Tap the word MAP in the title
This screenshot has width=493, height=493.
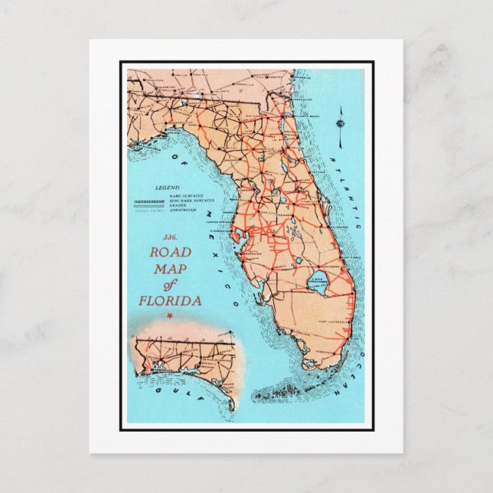pyautogui.click(x=169, y=269)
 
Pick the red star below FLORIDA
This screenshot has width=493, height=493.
pyautogui.click(x=170, y=315)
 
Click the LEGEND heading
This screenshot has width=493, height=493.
pyautogui.click(x=167, y=188)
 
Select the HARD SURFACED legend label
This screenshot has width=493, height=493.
pyautogui.click(x=184, y=195)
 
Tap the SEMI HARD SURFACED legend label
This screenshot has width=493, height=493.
pyautogui.click(x=188, y=201)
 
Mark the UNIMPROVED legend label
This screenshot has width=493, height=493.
pyautogui.click(x=182, y=210)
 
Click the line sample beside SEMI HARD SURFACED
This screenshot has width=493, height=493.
pyautogui.click(x=150, y=201)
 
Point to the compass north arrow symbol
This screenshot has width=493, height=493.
pyautogui.click(x=339, y=123)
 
